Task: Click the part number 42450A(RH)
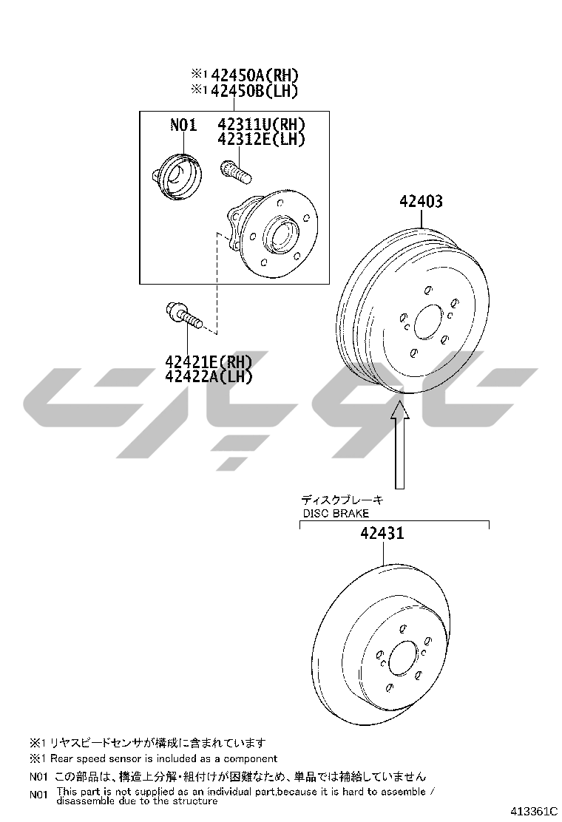point(254,75)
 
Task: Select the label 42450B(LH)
point(254,91)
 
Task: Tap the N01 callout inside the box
point(183,125)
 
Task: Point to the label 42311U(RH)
point(261,125)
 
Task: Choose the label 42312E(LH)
point(261,139)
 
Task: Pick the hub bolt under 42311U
point(235,171)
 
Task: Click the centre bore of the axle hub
point(280,234)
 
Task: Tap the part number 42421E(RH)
point(209,361)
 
